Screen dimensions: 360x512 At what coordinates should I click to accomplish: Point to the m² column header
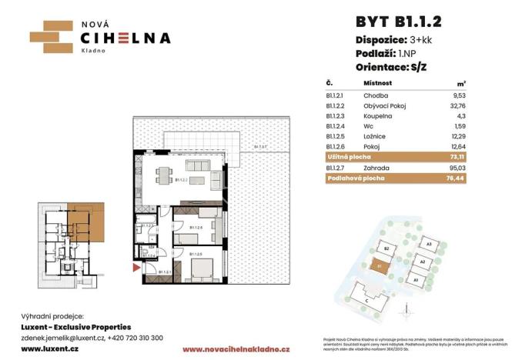click(x=462, y=82)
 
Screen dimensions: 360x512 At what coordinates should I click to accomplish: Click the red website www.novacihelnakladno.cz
click(x=224, y=349)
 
